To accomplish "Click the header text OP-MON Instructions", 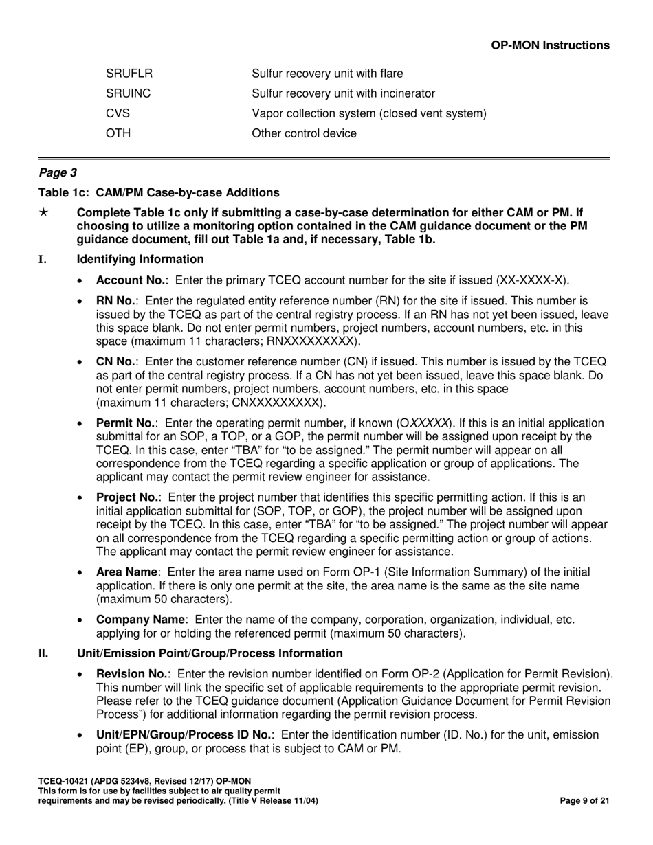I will pos(550,45).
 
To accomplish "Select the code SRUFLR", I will pos(129,74).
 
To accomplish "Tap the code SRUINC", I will pos(129,93).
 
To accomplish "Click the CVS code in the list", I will pos(118,113).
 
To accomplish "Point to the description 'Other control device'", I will pos(305,133).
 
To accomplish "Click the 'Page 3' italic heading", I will pos(58,173).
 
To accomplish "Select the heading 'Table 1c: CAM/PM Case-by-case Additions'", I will pos(159,192).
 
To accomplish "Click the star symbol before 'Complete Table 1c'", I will pos(43,213).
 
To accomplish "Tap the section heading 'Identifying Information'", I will pos(140,259).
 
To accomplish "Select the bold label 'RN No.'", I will pos(117,301).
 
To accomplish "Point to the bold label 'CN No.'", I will pos(117,362).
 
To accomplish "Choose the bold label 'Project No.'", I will pos(129,497).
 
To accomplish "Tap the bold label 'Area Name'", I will pos(128,572).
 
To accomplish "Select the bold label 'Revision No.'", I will pos(132,674).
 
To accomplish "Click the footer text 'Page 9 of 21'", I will pos(585,800).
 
